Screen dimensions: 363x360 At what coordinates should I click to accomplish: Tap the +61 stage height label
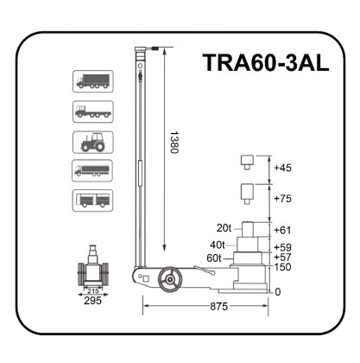pyautogui.click(x=282, y=231)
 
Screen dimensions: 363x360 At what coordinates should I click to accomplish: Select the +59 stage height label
pyautogui.click(x=282, y=246)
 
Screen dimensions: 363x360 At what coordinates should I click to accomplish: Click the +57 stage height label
pyautogui.click(x=282, y=258)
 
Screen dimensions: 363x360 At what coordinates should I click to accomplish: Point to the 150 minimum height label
pyautogui.click(x=281, y=268)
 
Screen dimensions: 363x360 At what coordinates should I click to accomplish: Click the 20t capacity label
pyautogui.click(x=224, y=228)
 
